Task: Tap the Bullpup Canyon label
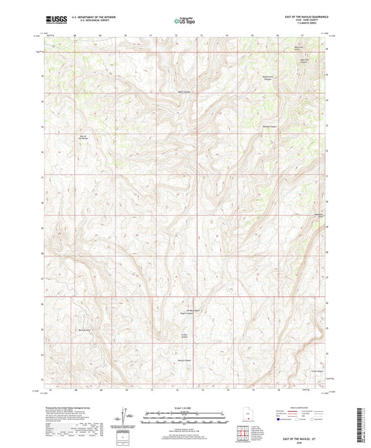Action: click(271, 127)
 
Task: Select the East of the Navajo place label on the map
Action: click(83, 136)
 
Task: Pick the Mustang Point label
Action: click(317, 216)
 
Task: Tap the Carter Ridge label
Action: click(321, 373)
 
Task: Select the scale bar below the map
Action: click(184, 419)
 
